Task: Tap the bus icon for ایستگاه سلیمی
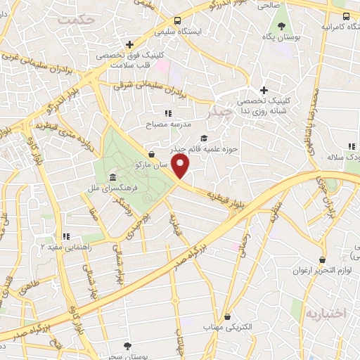pyautogui.click(x=178, y=20)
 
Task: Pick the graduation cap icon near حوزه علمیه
pyautogui.click(x=204, y=138)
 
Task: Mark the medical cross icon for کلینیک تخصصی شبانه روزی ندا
pyautogui.click(x=264, y=89)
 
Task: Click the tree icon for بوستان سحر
pyautogui.click(x=127, y=345)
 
